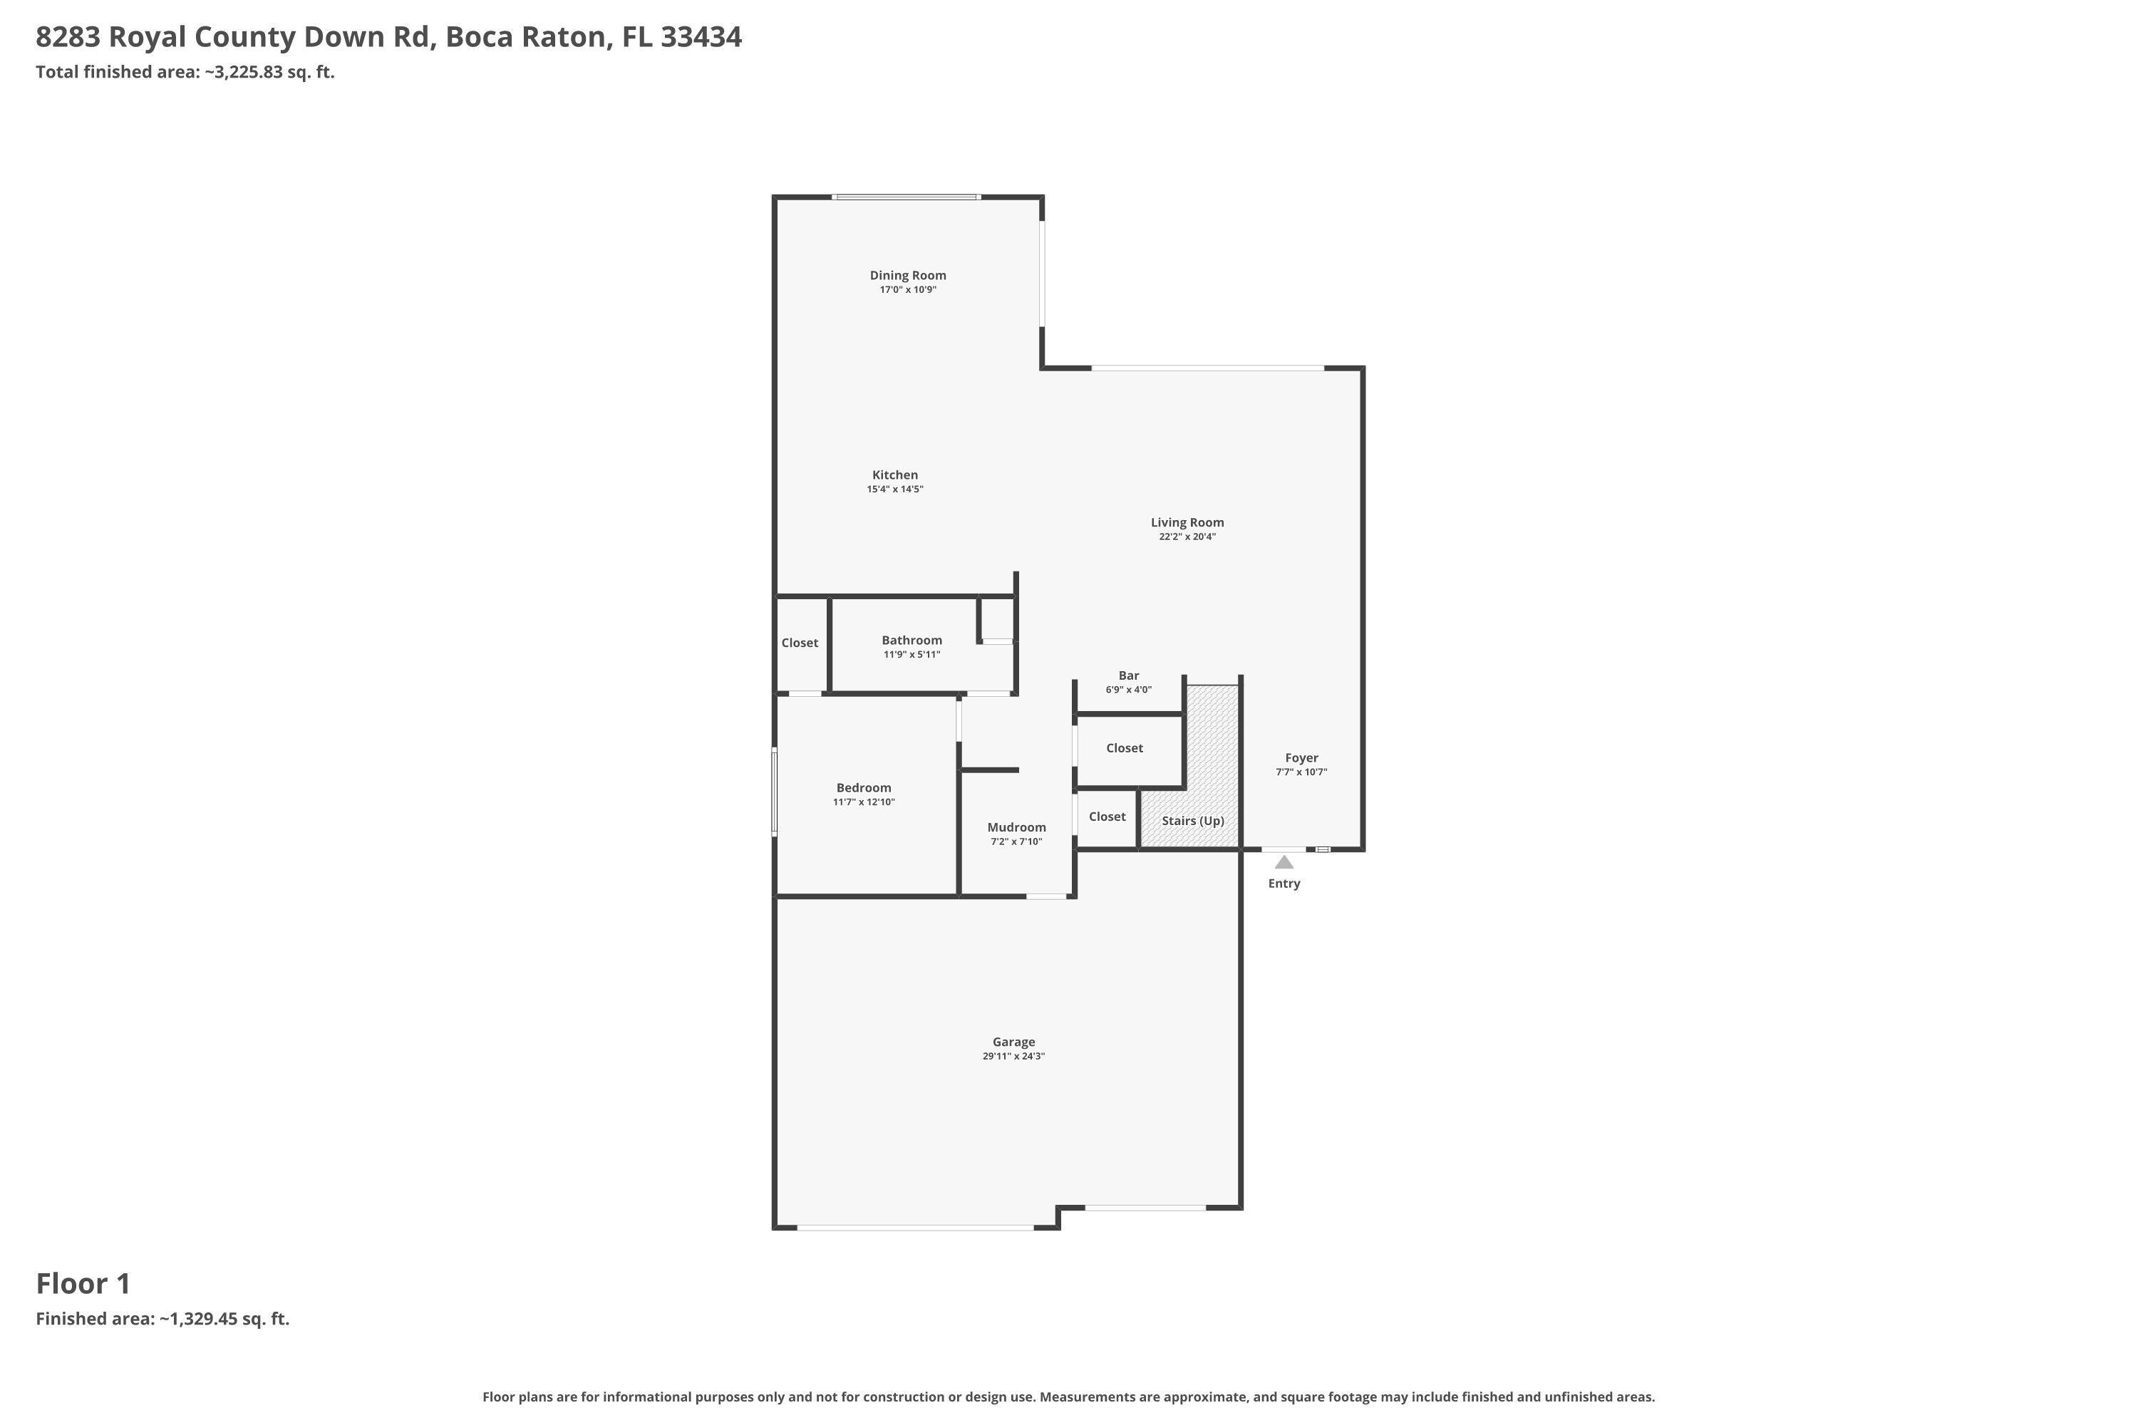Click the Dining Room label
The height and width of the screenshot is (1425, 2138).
(x=907, y=275)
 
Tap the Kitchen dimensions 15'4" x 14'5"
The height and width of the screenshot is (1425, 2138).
(x=894, y=489)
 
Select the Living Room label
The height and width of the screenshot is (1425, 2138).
(x=1187, y=522)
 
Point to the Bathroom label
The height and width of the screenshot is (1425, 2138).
(x=912, y=640)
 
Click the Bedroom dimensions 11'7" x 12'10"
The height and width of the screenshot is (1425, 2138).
(x=864, y=802)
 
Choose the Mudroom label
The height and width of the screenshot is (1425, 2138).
(x=1016, y=827)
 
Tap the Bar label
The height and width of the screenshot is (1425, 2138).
(x=1128, y=675)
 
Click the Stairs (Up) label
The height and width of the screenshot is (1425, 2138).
(x=1192, y=821)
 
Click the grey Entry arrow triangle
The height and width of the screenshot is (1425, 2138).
(x=1284, y=861)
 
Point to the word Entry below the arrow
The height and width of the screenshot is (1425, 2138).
(x=1284, y=883)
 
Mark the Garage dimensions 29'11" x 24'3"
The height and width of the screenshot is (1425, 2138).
(x=1013, y=1056)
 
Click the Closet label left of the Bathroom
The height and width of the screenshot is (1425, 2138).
(x=799, y=643)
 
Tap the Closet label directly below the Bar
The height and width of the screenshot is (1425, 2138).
(x=1125, y=748)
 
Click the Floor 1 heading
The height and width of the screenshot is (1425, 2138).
(x=83, y=1283)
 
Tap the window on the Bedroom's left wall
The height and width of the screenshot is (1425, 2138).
(x=775, y=791)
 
